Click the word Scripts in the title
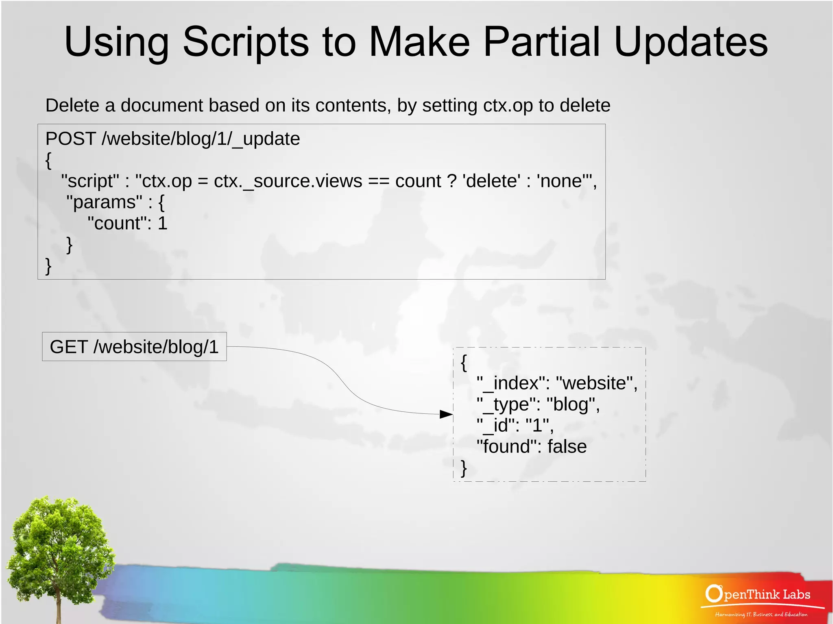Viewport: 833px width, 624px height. [246, 42]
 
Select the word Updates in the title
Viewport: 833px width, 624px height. [691, 42]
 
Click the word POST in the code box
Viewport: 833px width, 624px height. [70, 139]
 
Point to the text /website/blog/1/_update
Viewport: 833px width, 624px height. [201, 139]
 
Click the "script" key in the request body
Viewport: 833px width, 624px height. [90, 181]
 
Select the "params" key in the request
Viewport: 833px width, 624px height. [104, 202]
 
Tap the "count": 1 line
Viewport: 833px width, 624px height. [127, 223]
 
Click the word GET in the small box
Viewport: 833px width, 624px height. [68, 347]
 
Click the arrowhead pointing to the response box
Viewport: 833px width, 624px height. [447, 414]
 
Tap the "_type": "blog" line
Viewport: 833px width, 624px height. [538, 404]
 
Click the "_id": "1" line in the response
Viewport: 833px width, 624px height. [515, 425]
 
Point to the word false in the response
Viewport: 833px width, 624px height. [567, 446]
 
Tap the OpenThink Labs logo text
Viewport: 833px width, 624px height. [758, 594]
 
